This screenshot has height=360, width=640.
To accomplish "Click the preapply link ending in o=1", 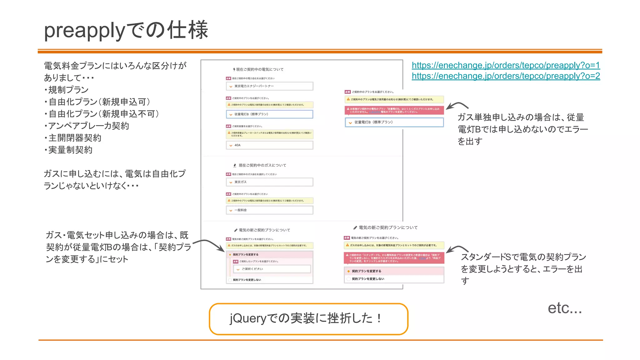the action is click(506, 65).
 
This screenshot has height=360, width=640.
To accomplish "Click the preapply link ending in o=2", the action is click(506, 76).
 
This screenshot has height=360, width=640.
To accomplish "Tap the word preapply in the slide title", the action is click(84, 31).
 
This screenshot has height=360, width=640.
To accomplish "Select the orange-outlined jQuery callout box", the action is click(308, 319).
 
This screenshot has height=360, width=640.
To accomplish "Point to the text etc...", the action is click(564, 308).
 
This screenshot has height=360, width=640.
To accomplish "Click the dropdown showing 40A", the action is click(269, 145).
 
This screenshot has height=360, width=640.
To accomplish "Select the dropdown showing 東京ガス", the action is click(269, 182).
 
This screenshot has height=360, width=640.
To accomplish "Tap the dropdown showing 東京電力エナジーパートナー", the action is click(269, 86).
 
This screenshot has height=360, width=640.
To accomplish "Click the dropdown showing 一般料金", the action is click(269, 210).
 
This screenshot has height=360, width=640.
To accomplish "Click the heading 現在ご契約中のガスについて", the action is click(262, 165).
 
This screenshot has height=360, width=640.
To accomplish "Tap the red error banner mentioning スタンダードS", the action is click(394, 258).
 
